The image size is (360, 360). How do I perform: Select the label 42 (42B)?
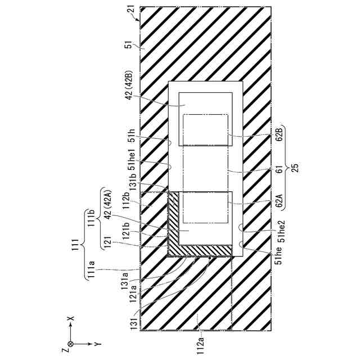pyautogui.click(x=129, y=84)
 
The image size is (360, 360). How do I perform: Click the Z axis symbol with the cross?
pyautogui.click(x=70, y=343)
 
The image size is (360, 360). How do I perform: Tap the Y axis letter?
pyautogui.click(x=96, y=343)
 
